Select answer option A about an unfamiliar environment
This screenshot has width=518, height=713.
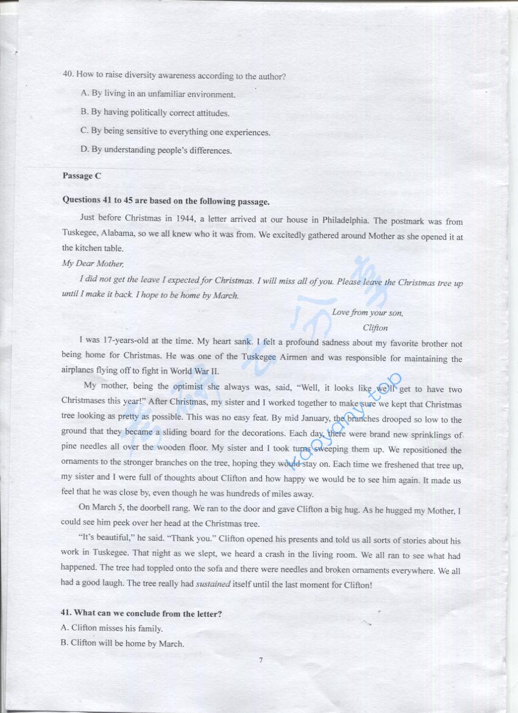[x=158, y=94]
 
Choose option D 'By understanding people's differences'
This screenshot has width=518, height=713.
[x=156, y=150]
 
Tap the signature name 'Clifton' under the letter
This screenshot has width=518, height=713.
[x=375, y=328]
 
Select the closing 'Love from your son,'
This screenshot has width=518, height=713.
[x=367, y=313]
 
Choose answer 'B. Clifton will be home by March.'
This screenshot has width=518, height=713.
[x=122, y=643]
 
